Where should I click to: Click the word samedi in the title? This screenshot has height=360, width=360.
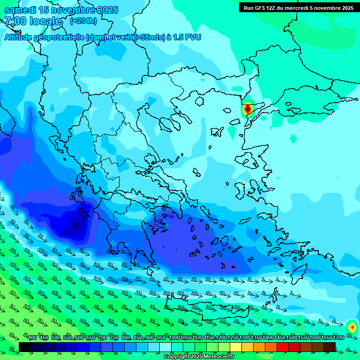click(21, 10)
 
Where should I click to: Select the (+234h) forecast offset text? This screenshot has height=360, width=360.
click(83, 21)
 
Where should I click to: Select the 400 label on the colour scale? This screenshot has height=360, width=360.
click(32, 337)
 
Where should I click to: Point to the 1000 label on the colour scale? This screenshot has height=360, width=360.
click(174, 337)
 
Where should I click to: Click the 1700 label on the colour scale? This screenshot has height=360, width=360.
click(338, 337)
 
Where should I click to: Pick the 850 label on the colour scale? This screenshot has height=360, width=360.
click(138, 337)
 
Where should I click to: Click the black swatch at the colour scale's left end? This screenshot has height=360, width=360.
click(25, 346)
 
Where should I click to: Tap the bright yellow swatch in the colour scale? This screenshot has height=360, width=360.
click(236, 346)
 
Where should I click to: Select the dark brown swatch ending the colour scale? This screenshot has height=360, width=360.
click(330, 346)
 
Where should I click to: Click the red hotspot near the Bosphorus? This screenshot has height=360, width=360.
click(247, 109)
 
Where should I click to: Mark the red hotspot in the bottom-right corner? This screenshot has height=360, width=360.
click(352, 326)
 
